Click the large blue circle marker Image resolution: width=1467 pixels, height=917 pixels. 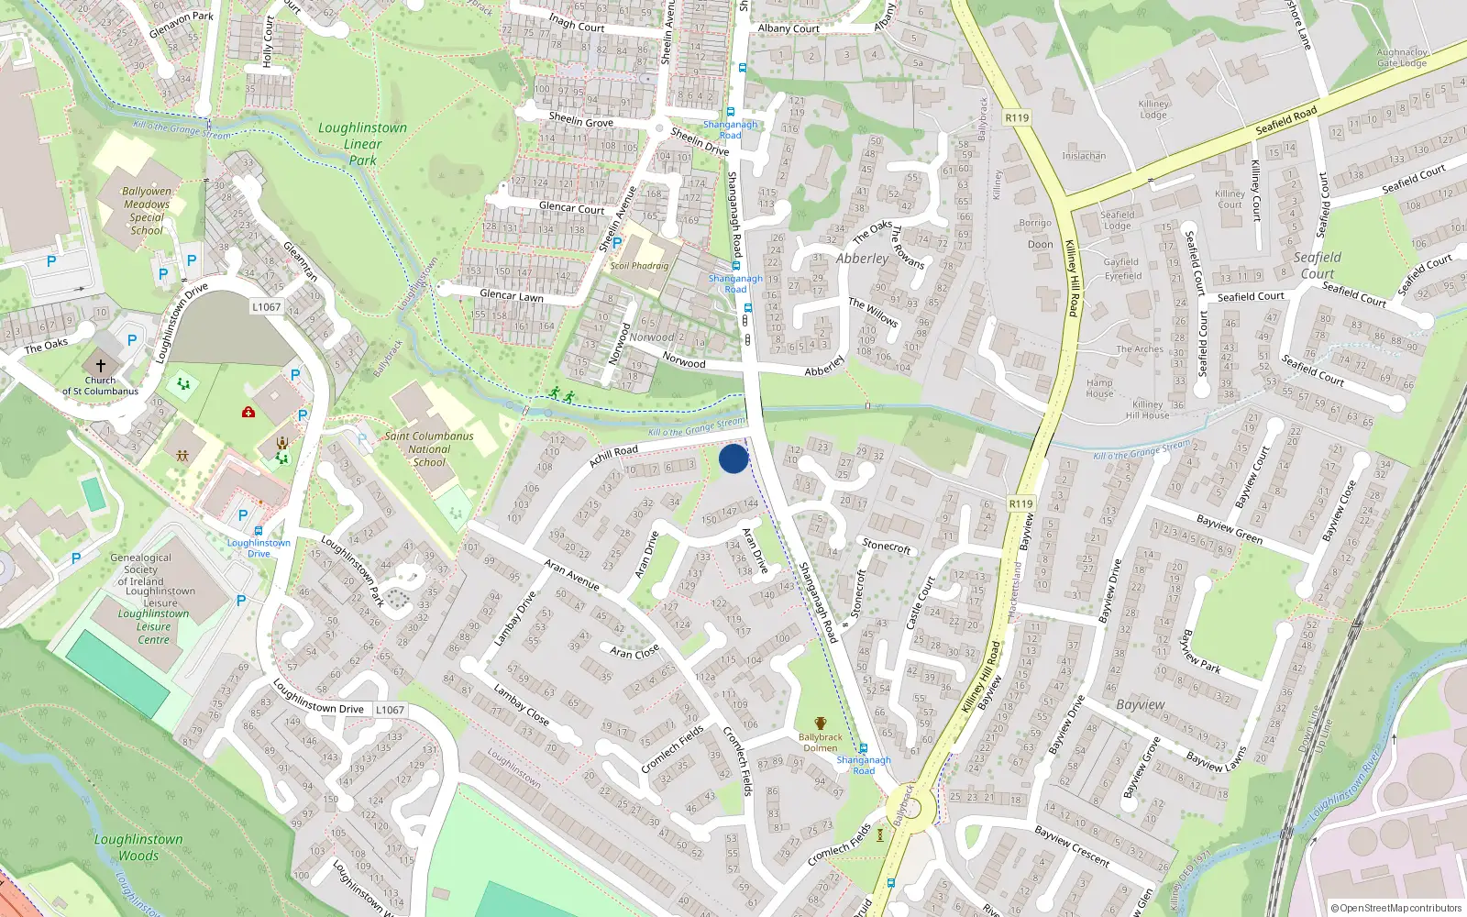733,458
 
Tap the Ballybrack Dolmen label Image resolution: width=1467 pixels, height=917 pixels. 820,742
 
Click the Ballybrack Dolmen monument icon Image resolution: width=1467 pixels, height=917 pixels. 820,724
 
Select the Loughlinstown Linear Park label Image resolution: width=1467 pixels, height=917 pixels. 363,144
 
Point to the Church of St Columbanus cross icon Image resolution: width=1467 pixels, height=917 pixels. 101,365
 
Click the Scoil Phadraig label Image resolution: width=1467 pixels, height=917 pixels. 639,266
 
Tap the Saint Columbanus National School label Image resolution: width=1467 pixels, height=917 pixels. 429,449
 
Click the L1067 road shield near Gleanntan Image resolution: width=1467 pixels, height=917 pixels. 267,307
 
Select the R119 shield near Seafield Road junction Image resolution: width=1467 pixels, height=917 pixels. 1017,117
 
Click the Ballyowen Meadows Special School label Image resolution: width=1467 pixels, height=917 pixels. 147,211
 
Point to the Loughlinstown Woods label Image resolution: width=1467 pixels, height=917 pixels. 138,847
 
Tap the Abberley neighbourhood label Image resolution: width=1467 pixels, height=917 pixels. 862,259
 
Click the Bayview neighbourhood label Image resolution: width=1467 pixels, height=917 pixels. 1141,704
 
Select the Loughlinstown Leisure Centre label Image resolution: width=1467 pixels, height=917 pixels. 154,626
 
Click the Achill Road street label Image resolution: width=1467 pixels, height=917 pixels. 613,456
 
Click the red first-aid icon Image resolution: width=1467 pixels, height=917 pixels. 248,413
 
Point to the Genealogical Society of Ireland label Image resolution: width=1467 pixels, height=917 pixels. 141,569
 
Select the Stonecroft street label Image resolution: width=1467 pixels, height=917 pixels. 887,546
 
